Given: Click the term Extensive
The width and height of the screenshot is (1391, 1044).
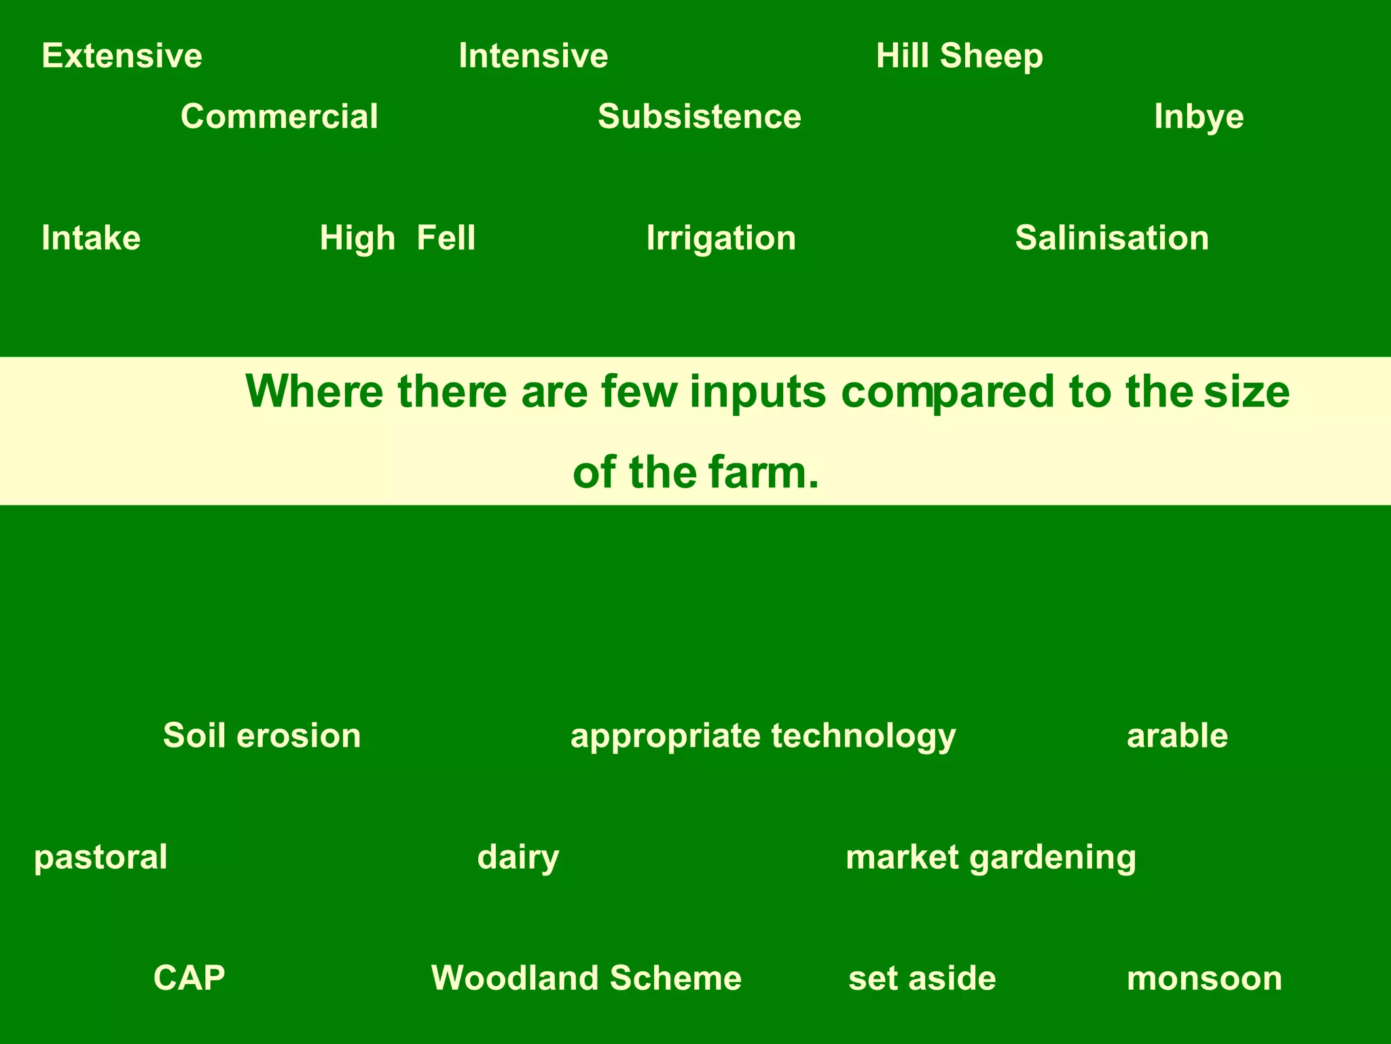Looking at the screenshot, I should pos(122,56).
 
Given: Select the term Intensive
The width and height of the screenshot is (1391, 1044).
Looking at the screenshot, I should pos(533,56).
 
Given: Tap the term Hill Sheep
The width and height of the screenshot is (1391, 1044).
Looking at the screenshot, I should pos(959,56).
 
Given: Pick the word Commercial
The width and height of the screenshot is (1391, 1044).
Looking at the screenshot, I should pos(279,116).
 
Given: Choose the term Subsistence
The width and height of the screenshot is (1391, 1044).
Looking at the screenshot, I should pos(700,116).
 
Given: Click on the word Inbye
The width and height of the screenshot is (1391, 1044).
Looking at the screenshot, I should pos(1199,116).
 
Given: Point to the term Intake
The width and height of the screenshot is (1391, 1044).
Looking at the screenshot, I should pos(91,238).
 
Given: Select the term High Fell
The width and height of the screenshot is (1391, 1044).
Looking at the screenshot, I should pos(397,238).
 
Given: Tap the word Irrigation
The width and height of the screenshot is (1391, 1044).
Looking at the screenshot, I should pos(721,238).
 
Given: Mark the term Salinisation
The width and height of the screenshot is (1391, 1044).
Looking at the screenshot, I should pos(1112,238).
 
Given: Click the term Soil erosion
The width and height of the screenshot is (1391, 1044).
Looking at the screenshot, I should pos(262,735).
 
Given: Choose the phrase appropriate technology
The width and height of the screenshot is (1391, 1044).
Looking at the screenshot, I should pos(763,735).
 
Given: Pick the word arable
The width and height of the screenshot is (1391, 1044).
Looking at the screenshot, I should pos(1177,735).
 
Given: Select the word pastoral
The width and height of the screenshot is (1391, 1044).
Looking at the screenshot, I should pos(101,856).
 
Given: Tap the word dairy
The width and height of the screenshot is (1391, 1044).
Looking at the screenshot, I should pos(518,856).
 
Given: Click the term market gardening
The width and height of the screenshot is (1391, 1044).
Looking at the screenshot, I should pos(990,856).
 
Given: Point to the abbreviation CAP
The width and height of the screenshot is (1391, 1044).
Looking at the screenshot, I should pos(189,977).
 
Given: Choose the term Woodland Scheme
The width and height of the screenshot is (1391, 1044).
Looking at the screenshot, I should pos(586,977).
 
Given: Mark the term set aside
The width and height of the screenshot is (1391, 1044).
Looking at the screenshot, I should pos(922,977).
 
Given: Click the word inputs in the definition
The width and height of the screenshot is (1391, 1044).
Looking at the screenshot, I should pos(758,393).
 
